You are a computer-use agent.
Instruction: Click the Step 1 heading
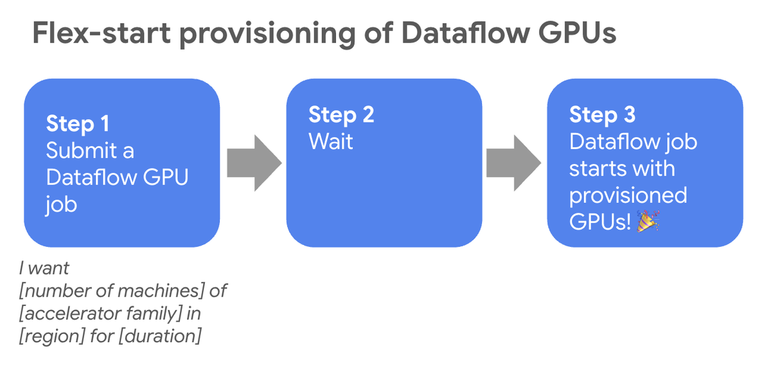[78, 123]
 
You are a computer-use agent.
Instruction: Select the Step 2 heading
[341, 114]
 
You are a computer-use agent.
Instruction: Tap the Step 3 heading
[602, 114]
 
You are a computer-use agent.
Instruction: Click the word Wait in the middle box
[331, 142]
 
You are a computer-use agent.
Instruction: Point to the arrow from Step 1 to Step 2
[254, 163]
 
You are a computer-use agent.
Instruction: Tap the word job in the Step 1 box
[61, 205]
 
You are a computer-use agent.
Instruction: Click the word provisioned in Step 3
[628, 195]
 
